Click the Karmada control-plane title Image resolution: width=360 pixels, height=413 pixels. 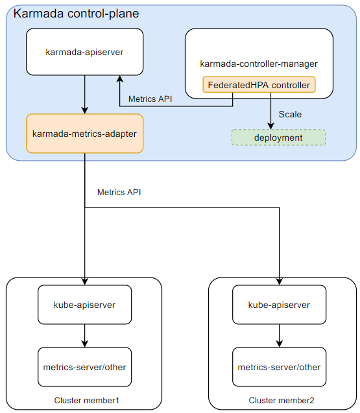(77, 14)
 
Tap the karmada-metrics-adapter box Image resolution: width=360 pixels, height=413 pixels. (84, 134)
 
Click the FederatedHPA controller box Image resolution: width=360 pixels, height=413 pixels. (259, 85)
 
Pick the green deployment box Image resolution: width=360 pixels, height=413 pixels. (278, 137)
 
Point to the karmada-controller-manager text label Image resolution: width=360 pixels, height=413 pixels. (259, 64)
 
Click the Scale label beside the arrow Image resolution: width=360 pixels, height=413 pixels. (290, 114)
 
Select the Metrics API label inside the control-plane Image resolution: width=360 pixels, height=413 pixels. (150, 99)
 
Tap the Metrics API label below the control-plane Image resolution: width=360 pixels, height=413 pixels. (119, 193)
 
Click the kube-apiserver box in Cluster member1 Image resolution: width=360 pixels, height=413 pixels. (84, 305)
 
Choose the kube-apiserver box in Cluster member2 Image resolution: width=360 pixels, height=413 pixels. (279, 305)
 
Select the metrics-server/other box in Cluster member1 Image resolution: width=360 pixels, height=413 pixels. (84, 367)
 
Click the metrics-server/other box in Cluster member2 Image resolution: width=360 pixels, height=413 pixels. (279, 367)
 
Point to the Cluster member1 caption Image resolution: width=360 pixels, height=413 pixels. (86, 399)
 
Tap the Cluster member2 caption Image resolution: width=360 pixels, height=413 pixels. (282, 399)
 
